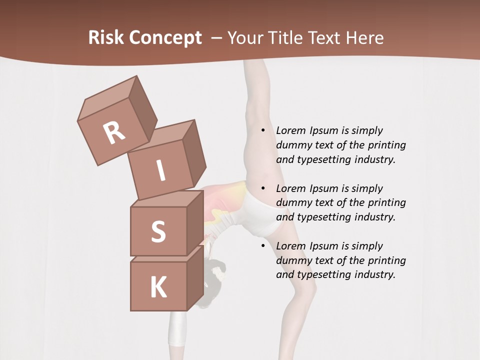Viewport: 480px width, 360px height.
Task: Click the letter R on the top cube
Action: pos(114,133)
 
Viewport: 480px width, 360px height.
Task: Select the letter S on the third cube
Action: pos(158,231)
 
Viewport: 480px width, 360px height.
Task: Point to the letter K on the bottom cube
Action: pos(158,287)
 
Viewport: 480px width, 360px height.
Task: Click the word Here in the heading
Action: pos(366,38)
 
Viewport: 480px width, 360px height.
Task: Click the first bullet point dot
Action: pos(263,130)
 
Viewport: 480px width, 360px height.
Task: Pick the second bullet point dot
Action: pos(263,188)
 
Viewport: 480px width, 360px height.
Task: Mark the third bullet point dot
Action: pos(263,246)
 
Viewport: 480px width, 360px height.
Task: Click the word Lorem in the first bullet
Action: pos(290,130)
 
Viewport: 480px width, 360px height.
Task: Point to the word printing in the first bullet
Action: pos(386,145)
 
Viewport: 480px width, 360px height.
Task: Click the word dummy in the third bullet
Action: pos(293,260)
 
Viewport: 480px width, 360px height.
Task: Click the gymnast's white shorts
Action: pos(262,215)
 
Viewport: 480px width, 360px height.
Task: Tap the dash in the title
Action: pos(217,38)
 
